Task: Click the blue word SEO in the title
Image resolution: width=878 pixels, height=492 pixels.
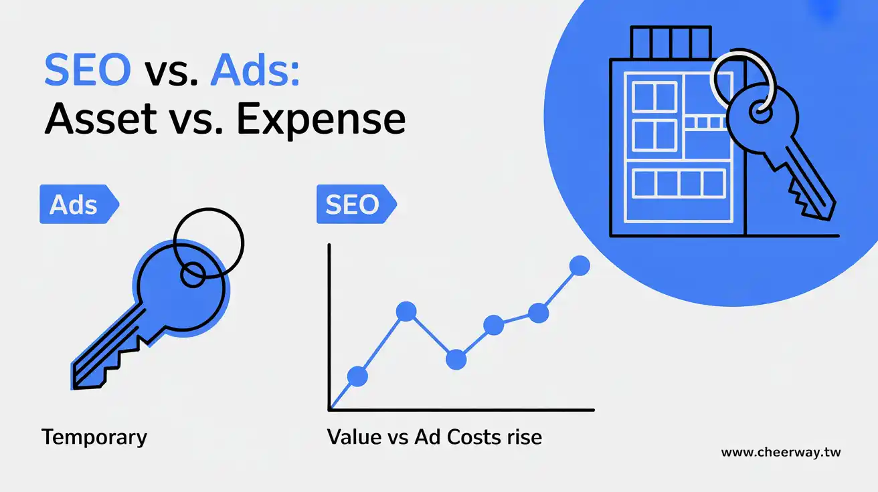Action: coord(88,70)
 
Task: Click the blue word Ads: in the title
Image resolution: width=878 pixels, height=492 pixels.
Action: coord(255,70)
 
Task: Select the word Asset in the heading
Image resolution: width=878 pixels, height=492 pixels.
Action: coord(101,118)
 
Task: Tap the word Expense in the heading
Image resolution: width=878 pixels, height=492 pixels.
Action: coord(321,120)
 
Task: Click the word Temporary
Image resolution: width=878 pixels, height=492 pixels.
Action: coord(94,438)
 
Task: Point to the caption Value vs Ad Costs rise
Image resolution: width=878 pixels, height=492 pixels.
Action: coord(434,437)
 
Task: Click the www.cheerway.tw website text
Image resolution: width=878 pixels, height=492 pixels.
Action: coord(781,453)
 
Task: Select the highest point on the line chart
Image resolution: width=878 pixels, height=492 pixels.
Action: coord(580,266)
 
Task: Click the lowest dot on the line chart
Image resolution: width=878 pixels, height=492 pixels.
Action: coord(357,376)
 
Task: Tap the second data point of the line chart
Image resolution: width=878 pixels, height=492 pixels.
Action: coord(406,312)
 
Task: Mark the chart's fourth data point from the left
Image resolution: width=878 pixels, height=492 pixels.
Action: coord(493,325)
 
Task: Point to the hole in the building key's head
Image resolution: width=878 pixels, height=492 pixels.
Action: coord(760,113)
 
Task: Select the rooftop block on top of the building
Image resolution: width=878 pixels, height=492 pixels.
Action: coord(671,43)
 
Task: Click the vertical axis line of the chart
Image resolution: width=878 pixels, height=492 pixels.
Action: coord(329,327)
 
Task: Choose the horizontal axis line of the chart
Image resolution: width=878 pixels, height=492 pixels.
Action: coord(461,410)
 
